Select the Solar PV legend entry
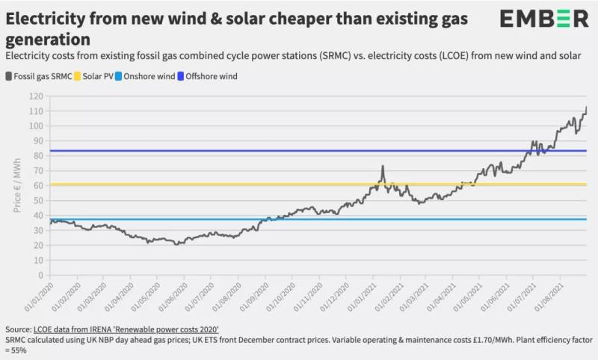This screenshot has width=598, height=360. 102,75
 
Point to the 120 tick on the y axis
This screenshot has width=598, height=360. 34,96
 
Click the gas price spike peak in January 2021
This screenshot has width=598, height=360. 382,167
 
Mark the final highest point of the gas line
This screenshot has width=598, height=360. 586,108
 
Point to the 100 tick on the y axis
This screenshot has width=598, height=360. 34,125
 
